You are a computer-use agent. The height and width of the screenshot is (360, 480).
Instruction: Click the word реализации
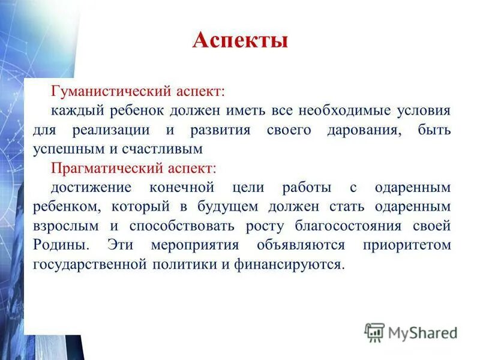[x=115, y=130]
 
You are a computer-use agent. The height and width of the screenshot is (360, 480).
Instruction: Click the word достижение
[x=91, y=187]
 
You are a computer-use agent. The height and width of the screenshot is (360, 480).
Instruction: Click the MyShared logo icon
[x=374, y=332]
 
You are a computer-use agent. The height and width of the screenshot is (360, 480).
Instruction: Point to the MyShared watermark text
[x=423, y=332]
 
